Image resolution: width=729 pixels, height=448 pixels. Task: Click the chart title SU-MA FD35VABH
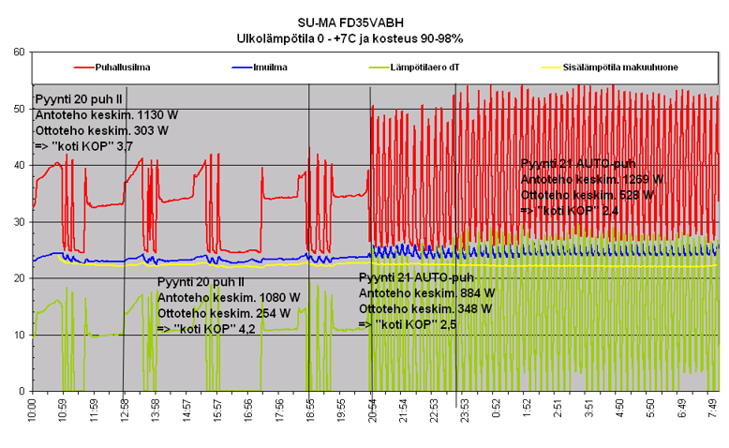tap(364, 21)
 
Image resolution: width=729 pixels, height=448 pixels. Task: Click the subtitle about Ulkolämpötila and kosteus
tap(364, 37)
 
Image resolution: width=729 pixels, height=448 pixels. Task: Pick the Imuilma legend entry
tap(270, 67)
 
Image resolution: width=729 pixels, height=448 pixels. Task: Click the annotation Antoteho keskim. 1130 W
tap(106, 115)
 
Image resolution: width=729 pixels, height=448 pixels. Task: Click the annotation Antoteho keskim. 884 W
tap(426, 293)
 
